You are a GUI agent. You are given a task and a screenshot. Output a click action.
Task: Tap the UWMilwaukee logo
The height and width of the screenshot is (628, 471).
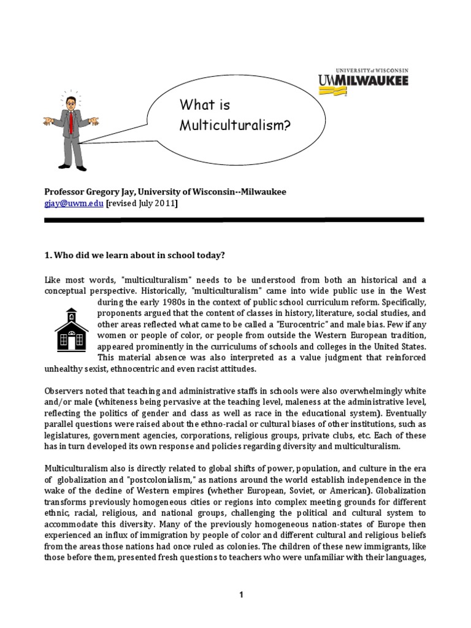pos(363,82)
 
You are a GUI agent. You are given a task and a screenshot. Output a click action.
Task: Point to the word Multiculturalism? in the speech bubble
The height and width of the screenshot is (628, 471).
pos(234,125)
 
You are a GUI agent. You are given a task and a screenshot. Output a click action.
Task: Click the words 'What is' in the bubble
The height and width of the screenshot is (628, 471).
pos(204,105)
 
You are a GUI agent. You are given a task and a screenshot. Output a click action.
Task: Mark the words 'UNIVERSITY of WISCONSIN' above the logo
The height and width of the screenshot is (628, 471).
pos(363,71)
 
